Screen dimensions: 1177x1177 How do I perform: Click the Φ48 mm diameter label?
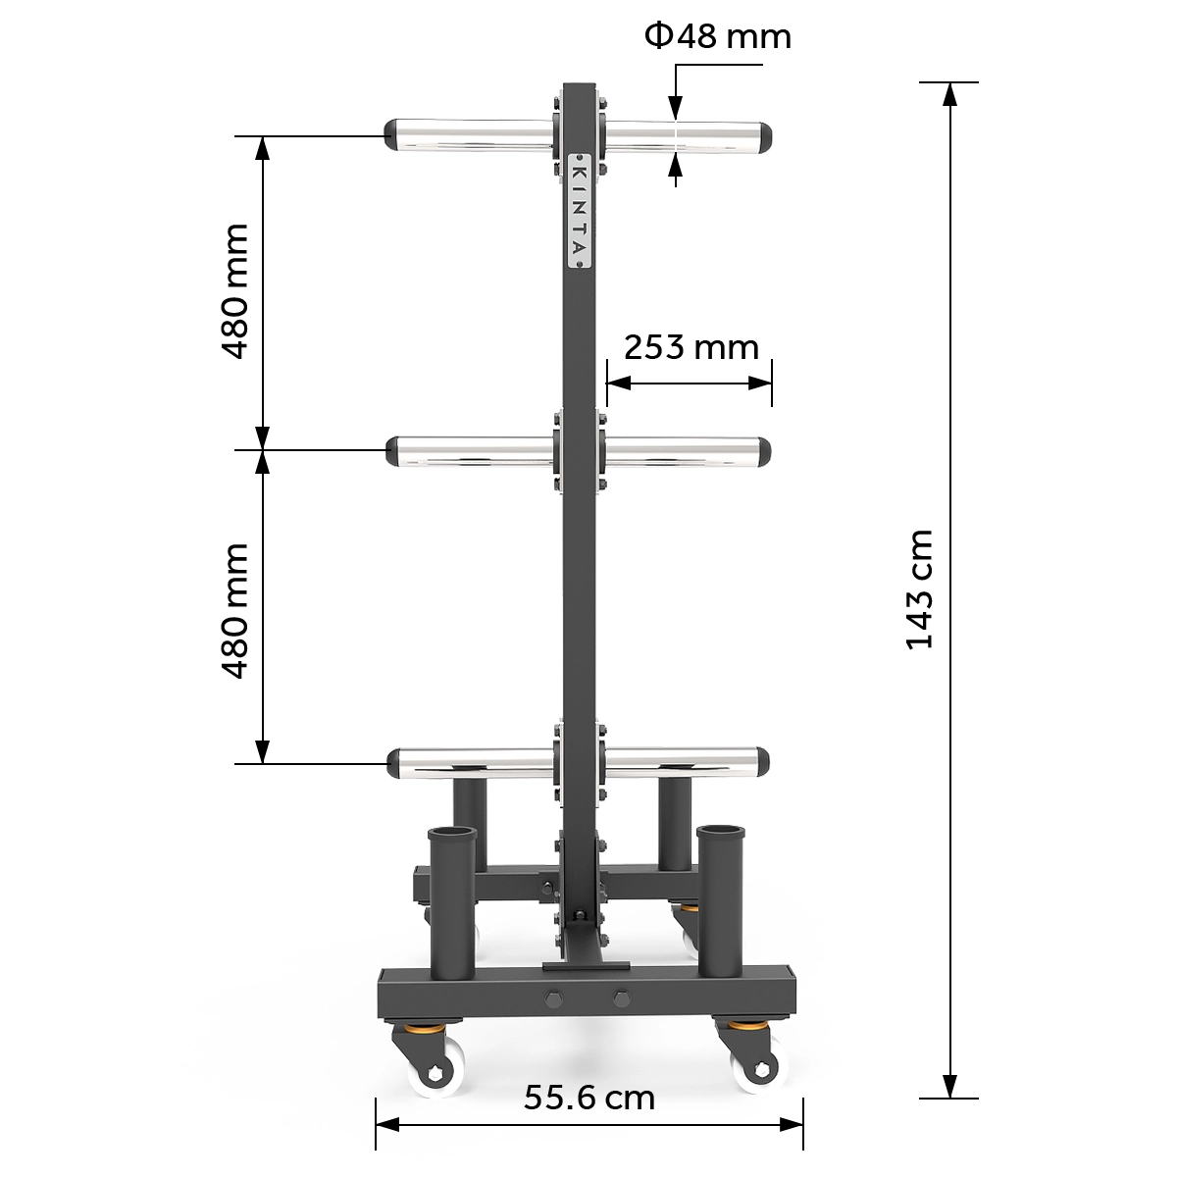pyautogui.click(x=717, y=36)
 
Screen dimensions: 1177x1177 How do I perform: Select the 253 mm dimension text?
pyautogui.click(x=691, y=347)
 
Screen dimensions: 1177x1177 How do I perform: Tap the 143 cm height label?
pyautogui.click(x=919, y=588)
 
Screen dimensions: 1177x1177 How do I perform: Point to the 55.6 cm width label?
pyautogui.click(x=588, y=1097)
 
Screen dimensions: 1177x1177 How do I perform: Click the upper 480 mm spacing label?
pyautogui.click(x=234, y=291)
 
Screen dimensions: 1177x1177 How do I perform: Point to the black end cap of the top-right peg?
pyautogui.click(x=764, y=135)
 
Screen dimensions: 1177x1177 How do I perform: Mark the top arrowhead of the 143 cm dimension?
pyautogui.click(x=948, y=93)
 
